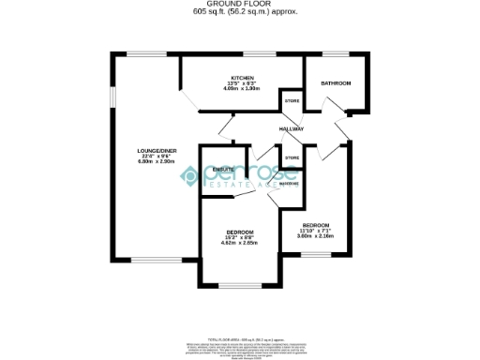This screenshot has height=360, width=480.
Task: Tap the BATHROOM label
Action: [335, 83]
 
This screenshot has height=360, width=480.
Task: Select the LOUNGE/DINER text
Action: [157, 151]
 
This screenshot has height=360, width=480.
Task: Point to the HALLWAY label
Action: [292, 128]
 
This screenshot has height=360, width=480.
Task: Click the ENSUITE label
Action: [223, 169]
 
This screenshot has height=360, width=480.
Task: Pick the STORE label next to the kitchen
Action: [291, 99]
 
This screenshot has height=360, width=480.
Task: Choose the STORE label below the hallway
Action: [292, 157]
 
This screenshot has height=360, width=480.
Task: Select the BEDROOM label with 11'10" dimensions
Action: [314, 225]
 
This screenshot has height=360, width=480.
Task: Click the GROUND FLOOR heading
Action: [239, 5]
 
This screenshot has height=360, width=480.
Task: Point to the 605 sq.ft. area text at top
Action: [239, 12]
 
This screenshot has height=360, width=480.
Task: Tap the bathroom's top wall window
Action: [333, 53]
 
